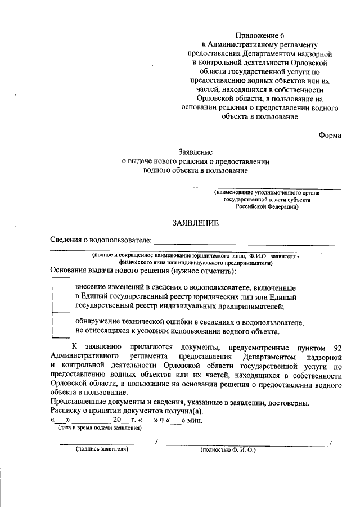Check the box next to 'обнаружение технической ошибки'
point(60,327)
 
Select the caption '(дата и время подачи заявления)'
point(100,428)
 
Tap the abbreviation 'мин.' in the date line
point(195,420)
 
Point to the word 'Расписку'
point(66,411)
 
